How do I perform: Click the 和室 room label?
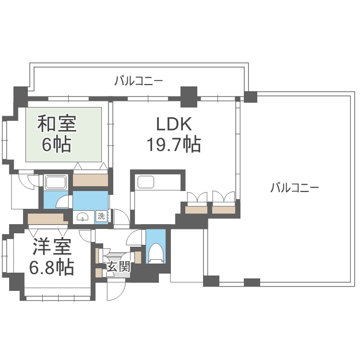(x=57, y=124)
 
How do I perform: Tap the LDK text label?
(x=174, y=124)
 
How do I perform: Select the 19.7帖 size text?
(x=174, y=144)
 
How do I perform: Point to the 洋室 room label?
(x=52, y=247)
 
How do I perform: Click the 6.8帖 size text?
(x=52, y=267)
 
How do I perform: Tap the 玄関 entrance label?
(x=119, y=267)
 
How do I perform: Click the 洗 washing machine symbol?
(x=101, y=216)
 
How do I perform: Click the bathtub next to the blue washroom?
(x=56, y=183)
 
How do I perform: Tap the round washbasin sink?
(x=83, y=216)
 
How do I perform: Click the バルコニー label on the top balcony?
(x=139, y=81)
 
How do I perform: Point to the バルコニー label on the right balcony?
(x=295, y=188)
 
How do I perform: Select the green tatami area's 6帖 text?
(x=57, y=145)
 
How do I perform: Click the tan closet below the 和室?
(x=91, y=180)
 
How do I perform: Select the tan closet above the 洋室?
(x=48, y=219)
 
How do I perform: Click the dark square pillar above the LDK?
(x=189, y=97)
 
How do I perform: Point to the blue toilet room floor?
(x=156, y=246)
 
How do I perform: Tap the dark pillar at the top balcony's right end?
(x=251, y=97)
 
